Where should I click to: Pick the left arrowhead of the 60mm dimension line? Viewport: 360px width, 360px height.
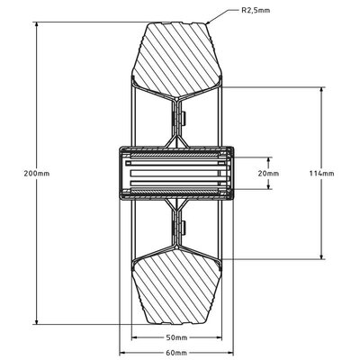tap(131, 350)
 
